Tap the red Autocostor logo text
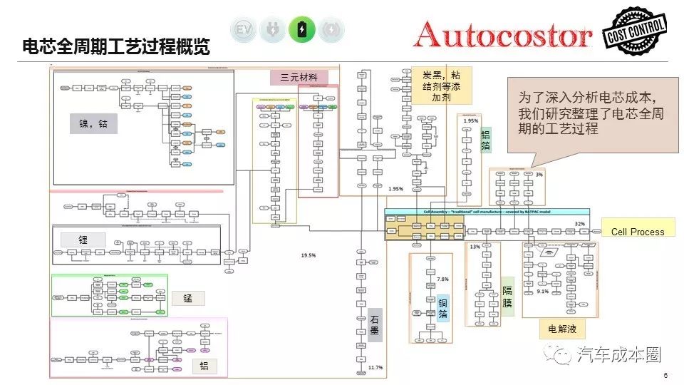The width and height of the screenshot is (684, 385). coord(503,34)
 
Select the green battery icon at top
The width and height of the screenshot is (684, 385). coord(303,30)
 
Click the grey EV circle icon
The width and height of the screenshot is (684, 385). coord(244,30)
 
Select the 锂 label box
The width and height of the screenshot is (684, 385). coord(83,240)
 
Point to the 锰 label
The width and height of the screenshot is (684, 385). coord(188,298)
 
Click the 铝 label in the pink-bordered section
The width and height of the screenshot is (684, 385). coord(205,366)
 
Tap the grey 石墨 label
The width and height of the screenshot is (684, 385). coord(375,325)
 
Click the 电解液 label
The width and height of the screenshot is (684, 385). coord(562,329)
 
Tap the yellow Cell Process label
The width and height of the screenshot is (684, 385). coord(637,232)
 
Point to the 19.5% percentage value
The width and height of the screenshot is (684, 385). coord(309,255)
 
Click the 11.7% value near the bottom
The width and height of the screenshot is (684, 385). coord(375,367)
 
